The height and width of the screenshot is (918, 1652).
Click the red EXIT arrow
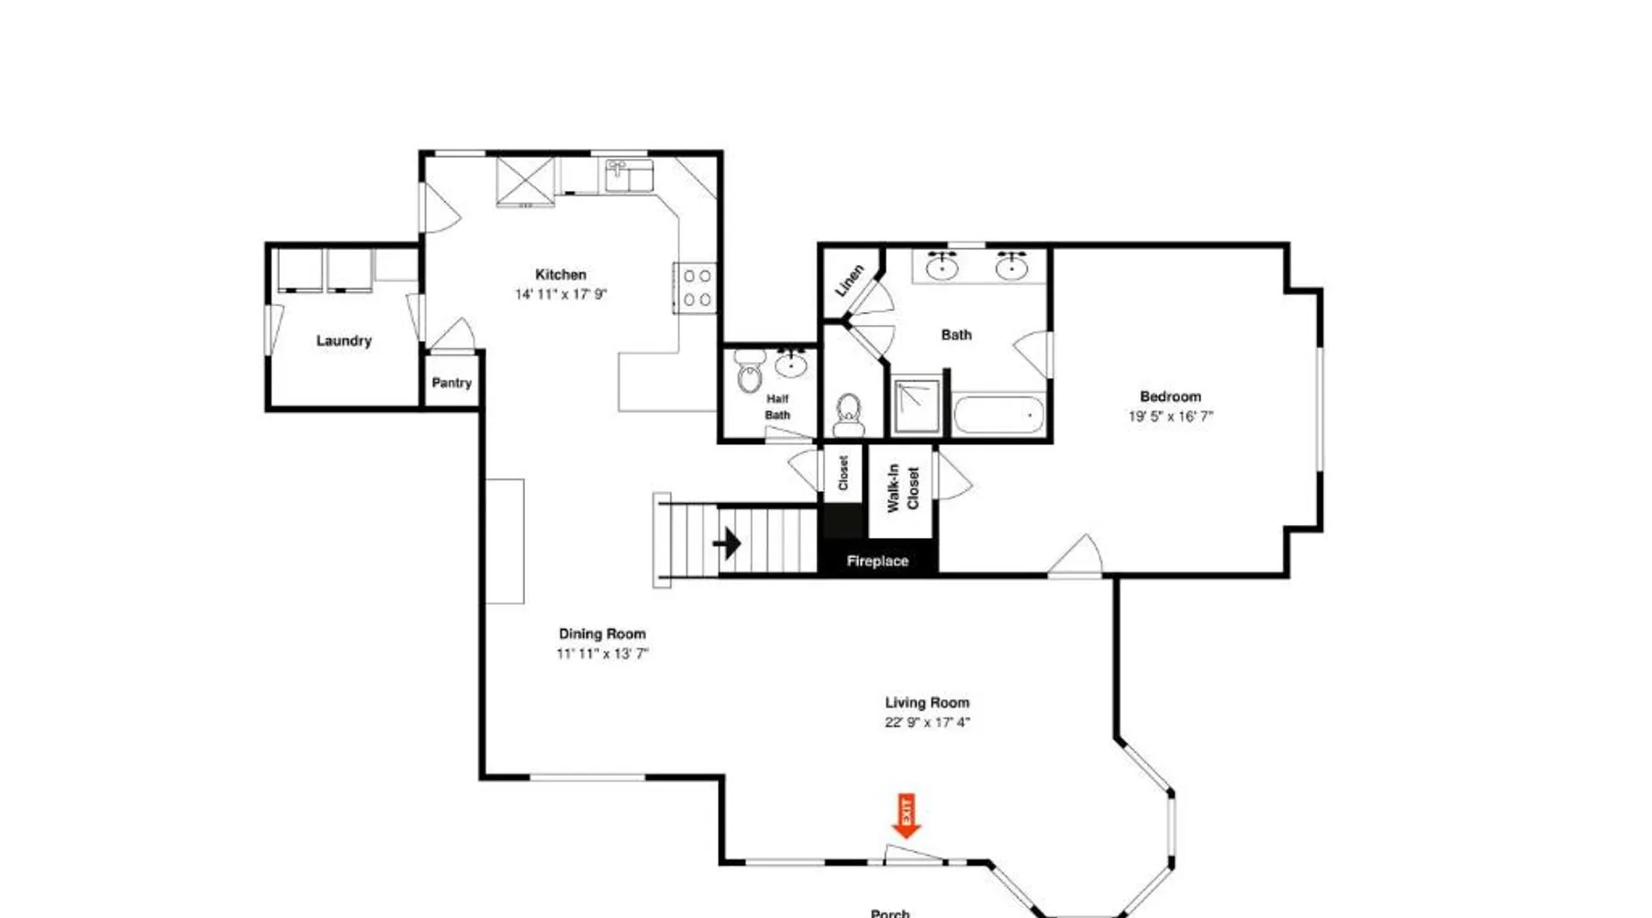[907, 816]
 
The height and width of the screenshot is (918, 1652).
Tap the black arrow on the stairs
[727, 543]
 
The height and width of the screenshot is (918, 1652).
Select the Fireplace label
[877, 561]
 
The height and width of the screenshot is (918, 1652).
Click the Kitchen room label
[561, 274]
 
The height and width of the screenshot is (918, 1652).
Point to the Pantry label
[452, 383]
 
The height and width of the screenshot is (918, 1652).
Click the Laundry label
[344, 341]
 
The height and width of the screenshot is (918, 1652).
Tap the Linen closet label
[849, 280]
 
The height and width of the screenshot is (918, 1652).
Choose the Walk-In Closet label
[903, 487]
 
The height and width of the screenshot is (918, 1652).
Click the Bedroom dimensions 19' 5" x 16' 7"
[1171, 417]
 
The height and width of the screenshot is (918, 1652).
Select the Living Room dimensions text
[927, 722]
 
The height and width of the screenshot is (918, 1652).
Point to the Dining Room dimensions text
[602, 654]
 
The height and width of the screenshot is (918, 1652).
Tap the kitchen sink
[629, 174]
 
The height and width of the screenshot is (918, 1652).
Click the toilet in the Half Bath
[750, 372]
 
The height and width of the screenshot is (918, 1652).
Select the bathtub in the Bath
[999, 415]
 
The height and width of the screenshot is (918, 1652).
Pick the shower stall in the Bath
[917, 405]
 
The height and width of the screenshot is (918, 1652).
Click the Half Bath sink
[791, 364]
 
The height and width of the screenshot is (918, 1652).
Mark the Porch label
[890, 913]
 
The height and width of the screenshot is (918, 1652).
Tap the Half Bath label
[777, 407]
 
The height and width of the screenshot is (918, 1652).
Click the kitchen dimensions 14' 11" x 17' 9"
[561, 295]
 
